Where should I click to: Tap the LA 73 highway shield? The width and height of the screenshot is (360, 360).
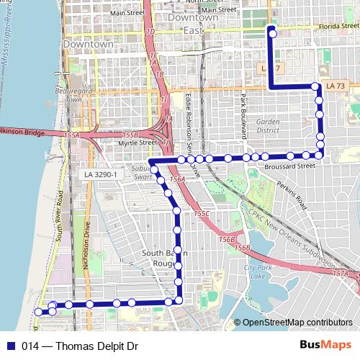pos(335,86)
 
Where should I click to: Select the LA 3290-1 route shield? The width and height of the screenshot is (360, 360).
pos(100,175)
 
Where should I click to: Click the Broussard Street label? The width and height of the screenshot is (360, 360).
pos(296,166)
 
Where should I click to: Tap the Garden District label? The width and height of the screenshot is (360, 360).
pos(267,126)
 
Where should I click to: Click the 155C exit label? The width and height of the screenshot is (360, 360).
pos(201,214)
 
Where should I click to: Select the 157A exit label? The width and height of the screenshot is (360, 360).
pos(341,274)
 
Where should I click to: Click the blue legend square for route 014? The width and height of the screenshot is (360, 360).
pos(10,346)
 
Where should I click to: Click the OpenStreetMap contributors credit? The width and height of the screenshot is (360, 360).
pos(297,323)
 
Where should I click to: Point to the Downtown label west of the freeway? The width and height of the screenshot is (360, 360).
pos(88,44)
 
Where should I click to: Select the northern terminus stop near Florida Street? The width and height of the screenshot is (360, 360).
pos(272,32)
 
